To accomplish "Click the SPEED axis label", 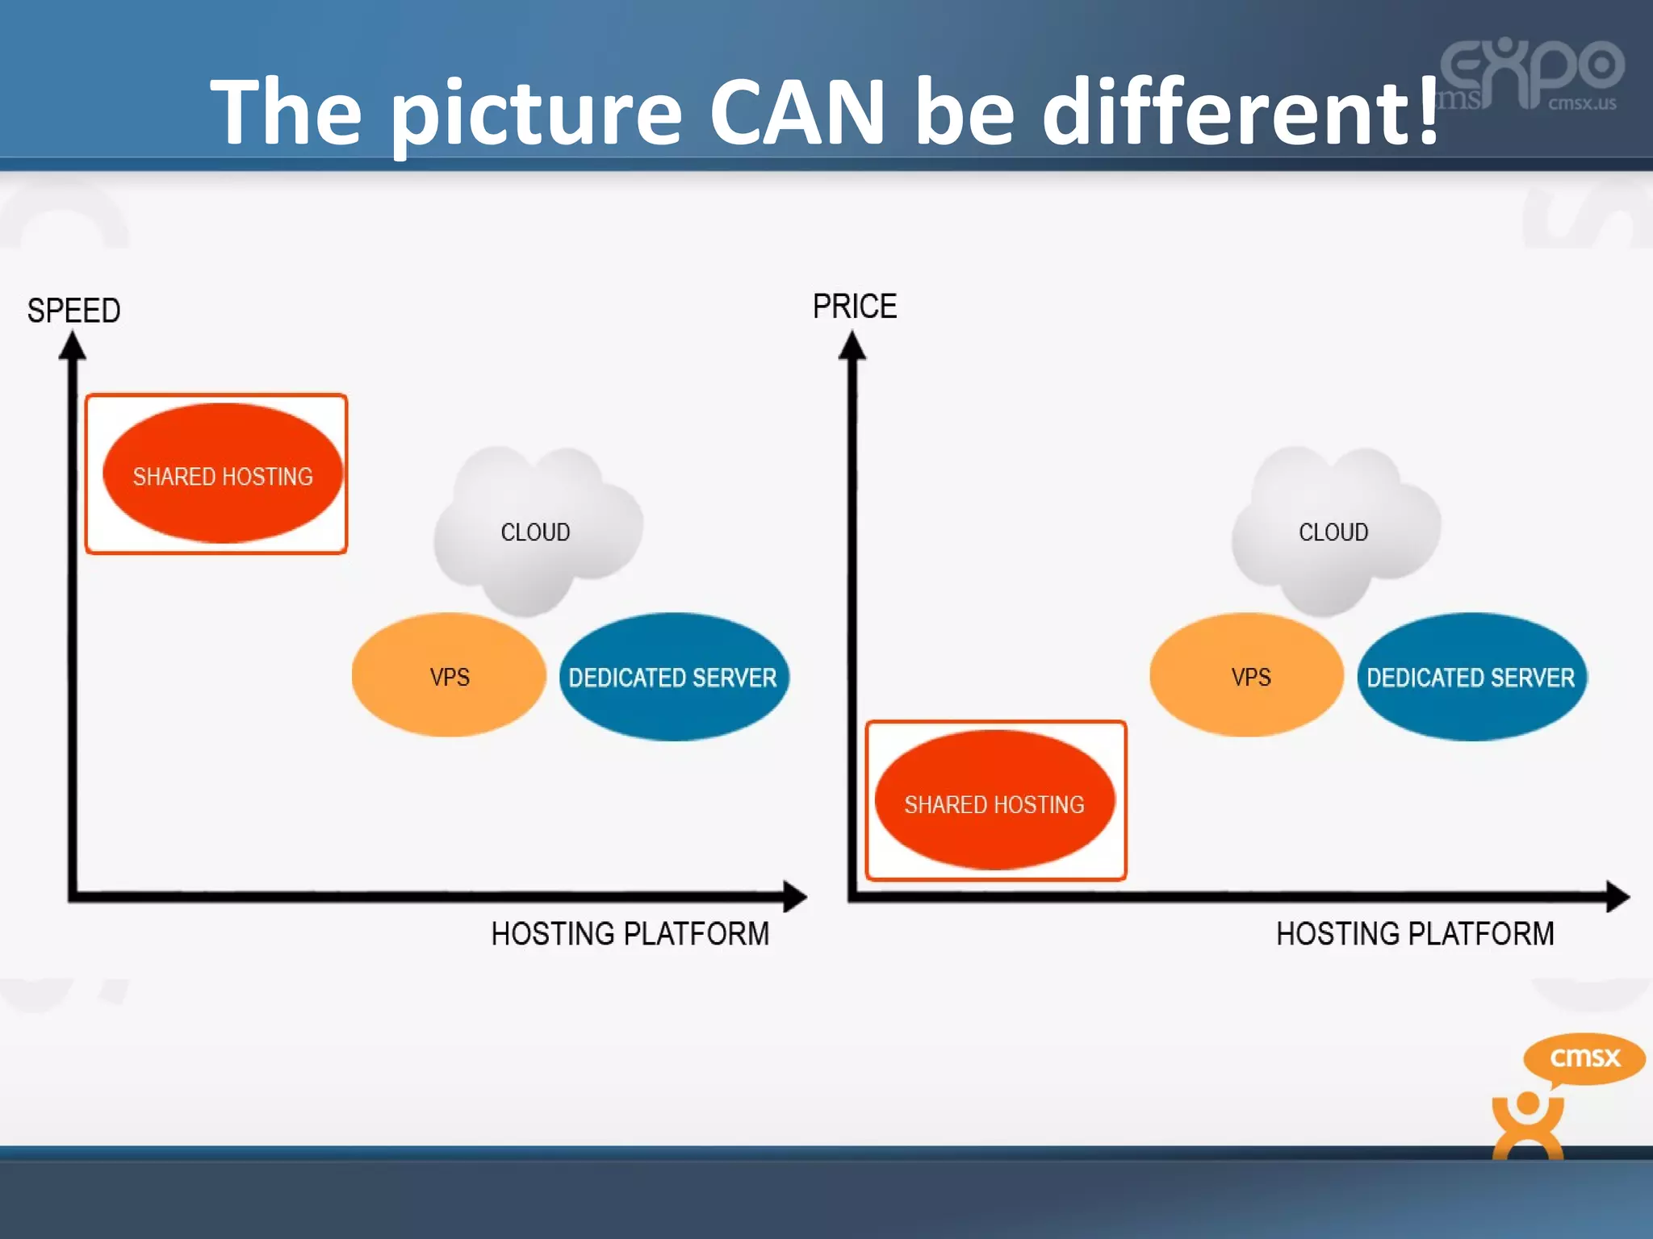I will pyautogui.click(x=73, y=311).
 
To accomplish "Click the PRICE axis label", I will pyautogui.click(x=854, y=307).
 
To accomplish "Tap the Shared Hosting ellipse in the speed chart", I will pyautogui.click(x=223, y=474).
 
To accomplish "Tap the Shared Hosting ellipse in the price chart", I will pyautogui.click(x=994, y=801).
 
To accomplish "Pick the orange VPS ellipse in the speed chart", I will pyautogui.click(x=449, y=676).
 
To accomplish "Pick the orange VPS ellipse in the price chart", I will pyautogui.click(x=1247, y=676).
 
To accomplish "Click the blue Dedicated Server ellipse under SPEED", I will pyautogui.click(x=673, y=677).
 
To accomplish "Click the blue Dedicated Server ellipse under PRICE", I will pyautogui.click(x=1471, y=677).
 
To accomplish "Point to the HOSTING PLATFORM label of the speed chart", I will pyautogui.click(x=630, y=933).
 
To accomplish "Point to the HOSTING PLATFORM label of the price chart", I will pyautogui.click(x=1414, y=933).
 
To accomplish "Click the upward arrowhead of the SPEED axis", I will pyautogui.click(x=73, y=347).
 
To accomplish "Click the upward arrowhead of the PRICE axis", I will pyautogui.click(x=852, y=347).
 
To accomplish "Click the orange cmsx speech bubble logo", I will pyautogui.click(x=1584, y=1058).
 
